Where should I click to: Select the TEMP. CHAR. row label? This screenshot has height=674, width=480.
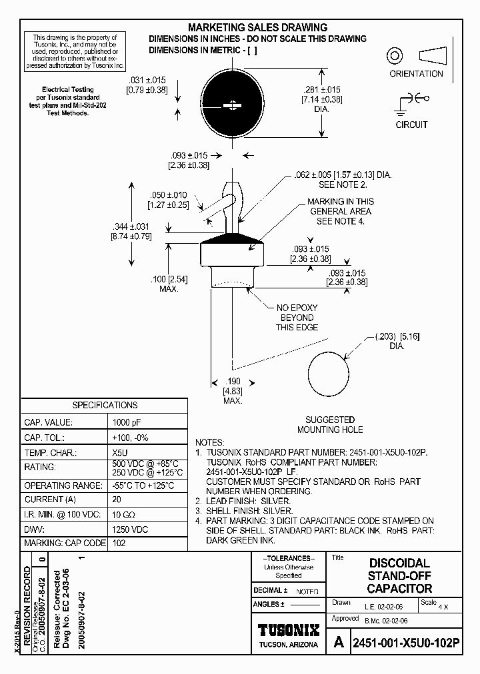click(51, 452)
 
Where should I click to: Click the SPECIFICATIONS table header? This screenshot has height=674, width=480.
click(105, 405)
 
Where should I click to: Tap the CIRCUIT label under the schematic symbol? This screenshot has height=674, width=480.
click(411, 125)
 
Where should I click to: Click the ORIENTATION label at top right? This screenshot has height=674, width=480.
click(416, 74)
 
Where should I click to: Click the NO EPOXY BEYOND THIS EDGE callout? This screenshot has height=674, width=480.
click(297, 318)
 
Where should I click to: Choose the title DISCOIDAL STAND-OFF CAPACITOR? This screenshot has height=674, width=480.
click(399, 576)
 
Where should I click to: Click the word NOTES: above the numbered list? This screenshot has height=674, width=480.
click(210, 442)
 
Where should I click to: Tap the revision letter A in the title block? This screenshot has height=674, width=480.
click(339, 643)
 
